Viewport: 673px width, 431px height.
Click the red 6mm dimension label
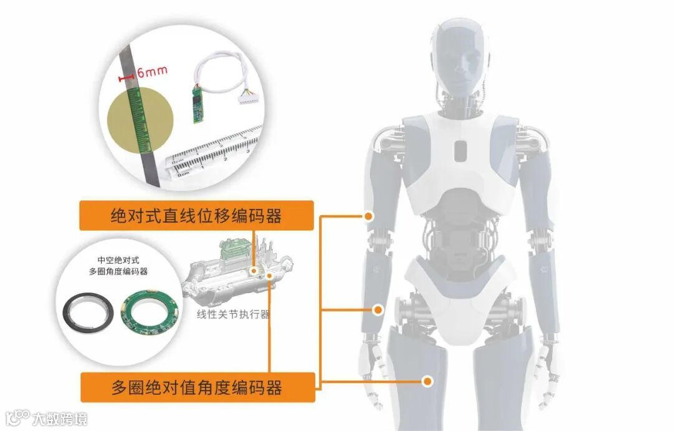152,71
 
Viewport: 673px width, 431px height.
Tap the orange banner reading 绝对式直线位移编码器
196,216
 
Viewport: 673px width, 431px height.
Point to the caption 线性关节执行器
233,314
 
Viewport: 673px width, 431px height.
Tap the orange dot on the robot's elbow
369,216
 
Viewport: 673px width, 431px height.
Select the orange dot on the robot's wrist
377,309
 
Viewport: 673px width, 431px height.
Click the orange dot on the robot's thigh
427,380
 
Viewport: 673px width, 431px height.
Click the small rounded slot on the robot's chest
461,150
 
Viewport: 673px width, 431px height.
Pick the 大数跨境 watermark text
60,418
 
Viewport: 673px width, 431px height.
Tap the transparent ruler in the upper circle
215,153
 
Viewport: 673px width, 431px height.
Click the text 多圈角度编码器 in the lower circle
118,271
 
